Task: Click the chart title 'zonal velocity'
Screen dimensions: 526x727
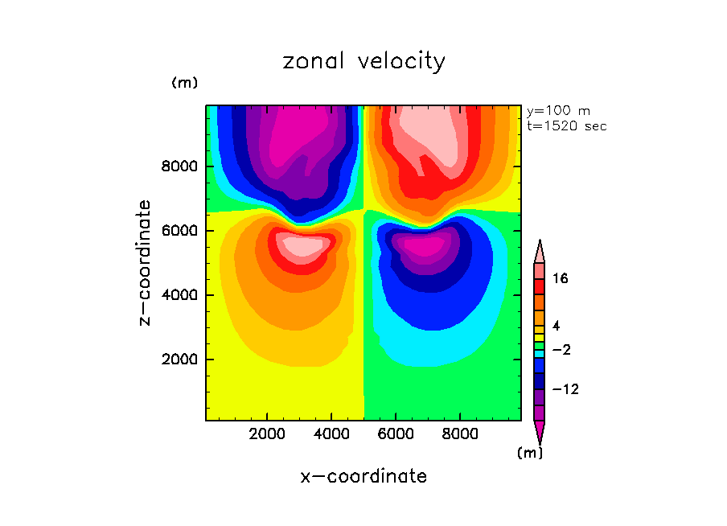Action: pyautogui.click(x=363, y=62)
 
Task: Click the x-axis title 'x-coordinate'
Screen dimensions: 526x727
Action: pyautogui.click(x=363, y=476)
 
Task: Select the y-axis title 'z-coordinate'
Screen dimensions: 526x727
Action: pyautogui.click(x=146, y=262)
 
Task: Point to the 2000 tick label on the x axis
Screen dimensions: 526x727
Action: pyautogui.click(x=268, y=434)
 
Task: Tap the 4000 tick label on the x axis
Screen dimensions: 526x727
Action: pyautogui.click(x=332, y=434)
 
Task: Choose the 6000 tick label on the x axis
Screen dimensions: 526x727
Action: pyautogui.click(x=396, y=434)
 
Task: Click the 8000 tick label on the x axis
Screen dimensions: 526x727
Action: pyautogui.click(x=460, y=434)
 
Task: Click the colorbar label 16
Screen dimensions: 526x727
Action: pyautogui.click(x=561, y=279)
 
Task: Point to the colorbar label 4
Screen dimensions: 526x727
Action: pyautogui.click(x=557, y=326)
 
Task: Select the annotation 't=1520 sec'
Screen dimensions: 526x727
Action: pyautogui.click(x=566, y=125)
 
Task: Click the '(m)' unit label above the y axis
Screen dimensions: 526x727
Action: pyautogui.click(x=184, y=83)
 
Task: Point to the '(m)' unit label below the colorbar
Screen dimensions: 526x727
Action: pyautogui.click(x=529, y=453)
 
